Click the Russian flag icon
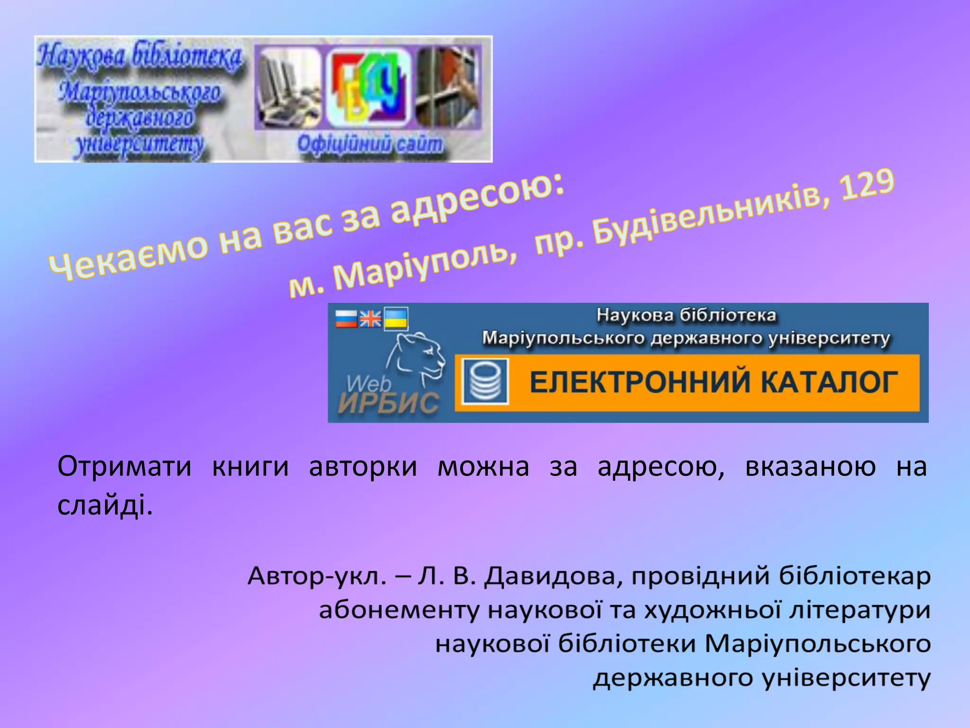coord(346,318)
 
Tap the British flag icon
coord(370,318)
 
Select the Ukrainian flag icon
coord(395,318)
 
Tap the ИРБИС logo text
coord(388,404)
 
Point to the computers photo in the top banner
coord(287,88)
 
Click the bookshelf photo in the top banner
coord(448,88)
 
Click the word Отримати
coord(124,466)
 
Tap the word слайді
coord(105,506)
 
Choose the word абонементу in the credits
coord(399,610)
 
